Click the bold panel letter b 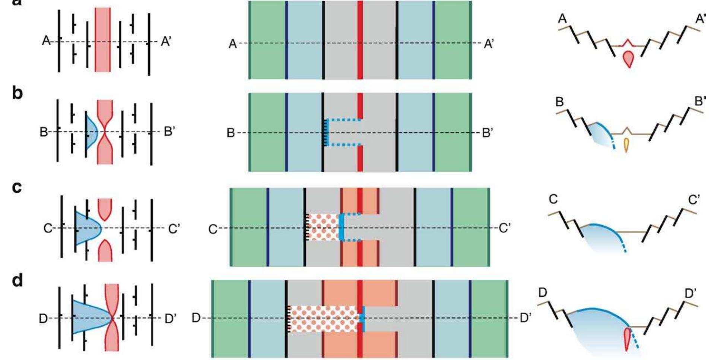click(18, 93)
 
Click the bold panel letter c click(17, 187)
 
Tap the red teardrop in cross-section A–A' click(629, 59)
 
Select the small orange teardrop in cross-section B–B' click(626, 145)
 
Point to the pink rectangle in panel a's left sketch click(103, 40)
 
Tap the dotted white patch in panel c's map click(323, 227)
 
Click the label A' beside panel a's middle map click(489, 44)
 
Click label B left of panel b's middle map click(231, 133)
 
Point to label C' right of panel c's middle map click(505, 227)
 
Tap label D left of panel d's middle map click(196, 318)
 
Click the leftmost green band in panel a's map click(268, 40)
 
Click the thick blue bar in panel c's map click(341, 227)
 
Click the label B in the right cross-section click(559, 102)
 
